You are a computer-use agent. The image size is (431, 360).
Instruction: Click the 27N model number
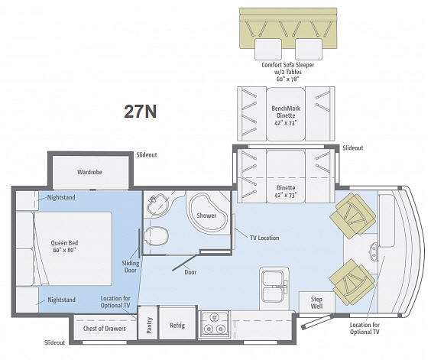coord(140,111)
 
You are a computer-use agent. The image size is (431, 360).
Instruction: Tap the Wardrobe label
coord(89,172)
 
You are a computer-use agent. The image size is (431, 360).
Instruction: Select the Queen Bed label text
coord(65,246)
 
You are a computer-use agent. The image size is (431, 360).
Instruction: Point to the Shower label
coord(206,216)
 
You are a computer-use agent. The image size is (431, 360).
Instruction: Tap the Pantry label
coord(149,326)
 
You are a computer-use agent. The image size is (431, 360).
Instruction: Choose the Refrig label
coord(177,326)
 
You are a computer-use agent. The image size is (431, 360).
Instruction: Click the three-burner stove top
coord(215,324)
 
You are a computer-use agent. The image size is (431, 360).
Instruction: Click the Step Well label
coord(316,303)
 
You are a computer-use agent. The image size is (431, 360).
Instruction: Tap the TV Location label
coord(264,238)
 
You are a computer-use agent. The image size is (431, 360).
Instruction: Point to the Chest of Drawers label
coord(105,329)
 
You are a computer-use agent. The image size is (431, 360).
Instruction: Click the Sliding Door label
coord(131,267)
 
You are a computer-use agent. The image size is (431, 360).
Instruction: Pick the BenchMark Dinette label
coord(286,112)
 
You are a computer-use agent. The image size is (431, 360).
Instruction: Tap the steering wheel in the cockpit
coord(373,251)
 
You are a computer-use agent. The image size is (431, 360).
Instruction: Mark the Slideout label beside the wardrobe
coord(147,155)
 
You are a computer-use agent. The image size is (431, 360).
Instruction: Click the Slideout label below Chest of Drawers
coord(54,342)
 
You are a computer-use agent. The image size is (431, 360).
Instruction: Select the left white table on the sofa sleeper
coord(268,49)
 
